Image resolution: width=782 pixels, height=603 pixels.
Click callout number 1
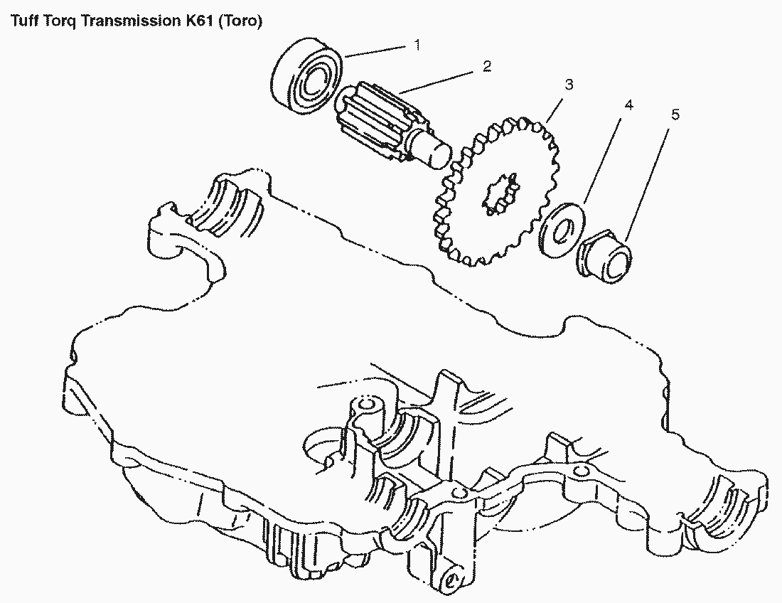click(417, 45)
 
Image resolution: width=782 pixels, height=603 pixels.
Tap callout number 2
click(486, 66)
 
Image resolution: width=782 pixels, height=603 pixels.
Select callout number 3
click(569, 85)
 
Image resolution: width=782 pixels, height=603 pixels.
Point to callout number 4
click(628, 105)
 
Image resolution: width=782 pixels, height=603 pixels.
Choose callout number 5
click(675, 114)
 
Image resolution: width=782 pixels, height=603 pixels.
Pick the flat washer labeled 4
click(562, 230)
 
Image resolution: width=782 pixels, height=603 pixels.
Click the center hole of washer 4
click(562, 230)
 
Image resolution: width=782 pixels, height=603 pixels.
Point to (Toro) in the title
click(240, 21)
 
